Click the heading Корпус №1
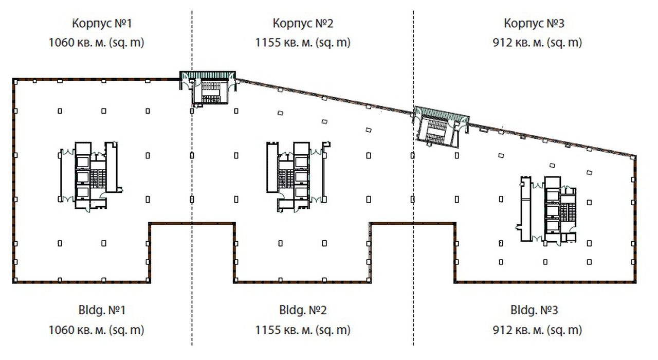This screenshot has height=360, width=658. click(102, 23)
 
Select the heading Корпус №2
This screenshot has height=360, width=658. click(303, 23)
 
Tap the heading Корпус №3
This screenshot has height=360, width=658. click(534, 23)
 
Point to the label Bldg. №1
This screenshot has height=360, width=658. click(102, 310)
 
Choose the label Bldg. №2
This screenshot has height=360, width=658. click(303, 310)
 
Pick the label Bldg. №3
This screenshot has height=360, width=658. click(534, 310)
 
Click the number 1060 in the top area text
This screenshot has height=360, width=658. click(61, 43)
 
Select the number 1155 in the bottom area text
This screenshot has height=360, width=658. click(268, 330)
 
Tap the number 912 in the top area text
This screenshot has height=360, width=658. click(502, 43)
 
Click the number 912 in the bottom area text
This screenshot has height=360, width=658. click(502, 330)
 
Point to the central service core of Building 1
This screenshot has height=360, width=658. click(90, 176)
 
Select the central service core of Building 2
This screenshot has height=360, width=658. click(298, 176)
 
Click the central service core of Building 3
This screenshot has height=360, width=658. click(547, 209)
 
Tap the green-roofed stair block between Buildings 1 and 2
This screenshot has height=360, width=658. click(208, 87)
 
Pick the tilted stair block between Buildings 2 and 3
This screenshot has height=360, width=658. click(441, 127)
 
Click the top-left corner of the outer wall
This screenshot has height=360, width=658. click(13, 79)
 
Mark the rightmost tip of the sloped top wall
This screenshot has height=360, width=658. click(636, 156)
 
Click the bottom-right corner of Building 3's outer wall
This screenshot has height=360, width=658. click(635, 282)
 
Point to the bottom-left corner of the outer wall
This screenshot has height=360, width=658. click(13, 282)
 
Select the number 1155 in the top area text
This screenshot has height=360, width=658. click(268, 43)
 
